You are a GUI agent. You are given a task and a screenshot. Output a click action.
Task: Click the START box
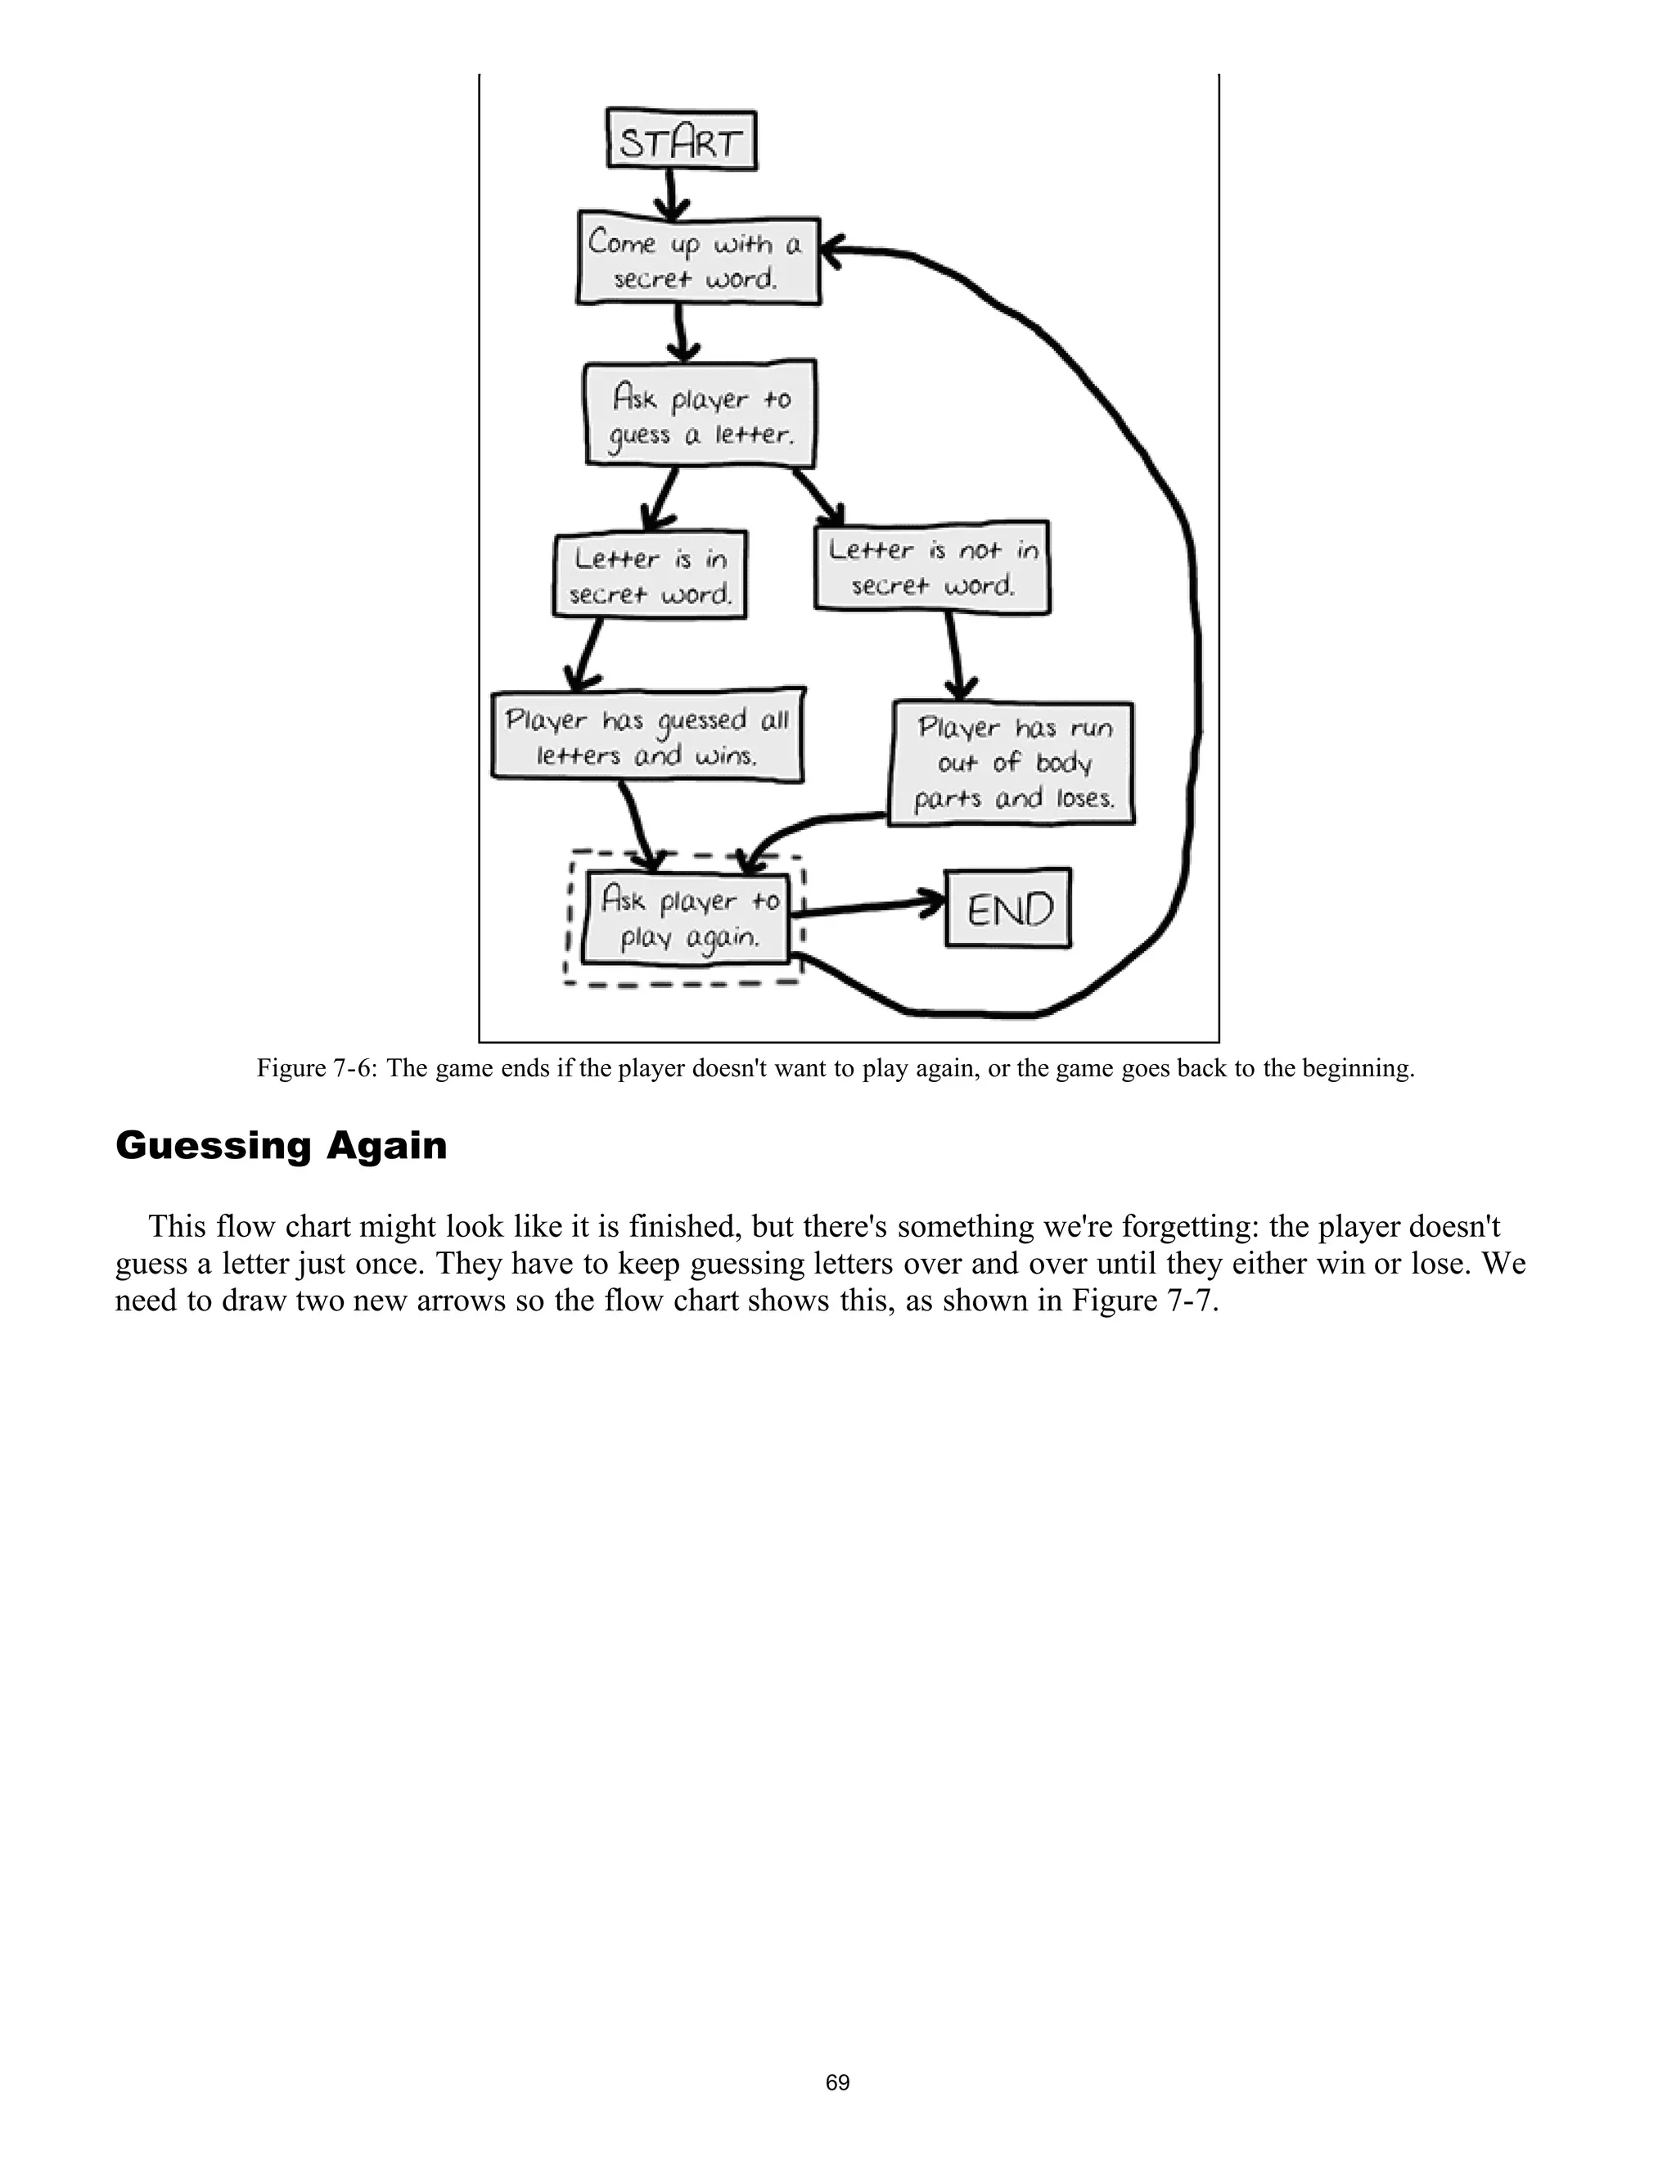(x=681, y=140)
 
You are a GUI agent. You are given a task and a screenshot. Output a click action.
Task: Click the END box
(x=1007, y=908)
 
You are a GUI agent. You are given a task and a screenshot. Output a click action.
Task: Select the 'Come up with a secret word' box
(x=698, y=260)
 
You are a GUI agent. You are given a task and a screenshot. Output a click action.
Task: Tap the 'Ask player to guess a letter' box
(x=700, y=415)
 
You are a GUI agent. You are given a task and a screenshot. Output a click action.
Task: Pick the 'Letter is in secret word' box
(x=651, y=575)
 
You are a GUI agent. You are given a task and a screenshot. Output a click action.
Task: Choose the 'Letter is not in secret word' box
(x=932, y=567)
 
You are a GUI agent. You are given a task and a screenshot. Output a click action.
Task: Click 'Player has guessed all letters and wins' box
(x=647, y=737)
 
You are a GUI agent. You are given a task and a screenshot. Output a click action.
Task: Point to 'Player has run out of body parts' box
(x=1011, y=763)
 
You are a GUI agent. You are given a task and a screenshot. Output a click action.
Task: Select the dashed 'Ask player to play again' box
(x=686, y=918)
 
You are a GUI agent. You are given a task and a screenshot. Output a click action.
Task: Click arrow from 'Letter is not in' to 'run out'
(x=955, y=656)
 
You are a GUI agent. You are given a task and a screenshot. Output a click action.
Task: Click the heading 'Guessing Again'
(x=281, y=1145)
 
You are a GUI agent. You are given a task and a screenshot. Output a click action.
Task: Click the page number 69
(x=837, y=2082)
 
